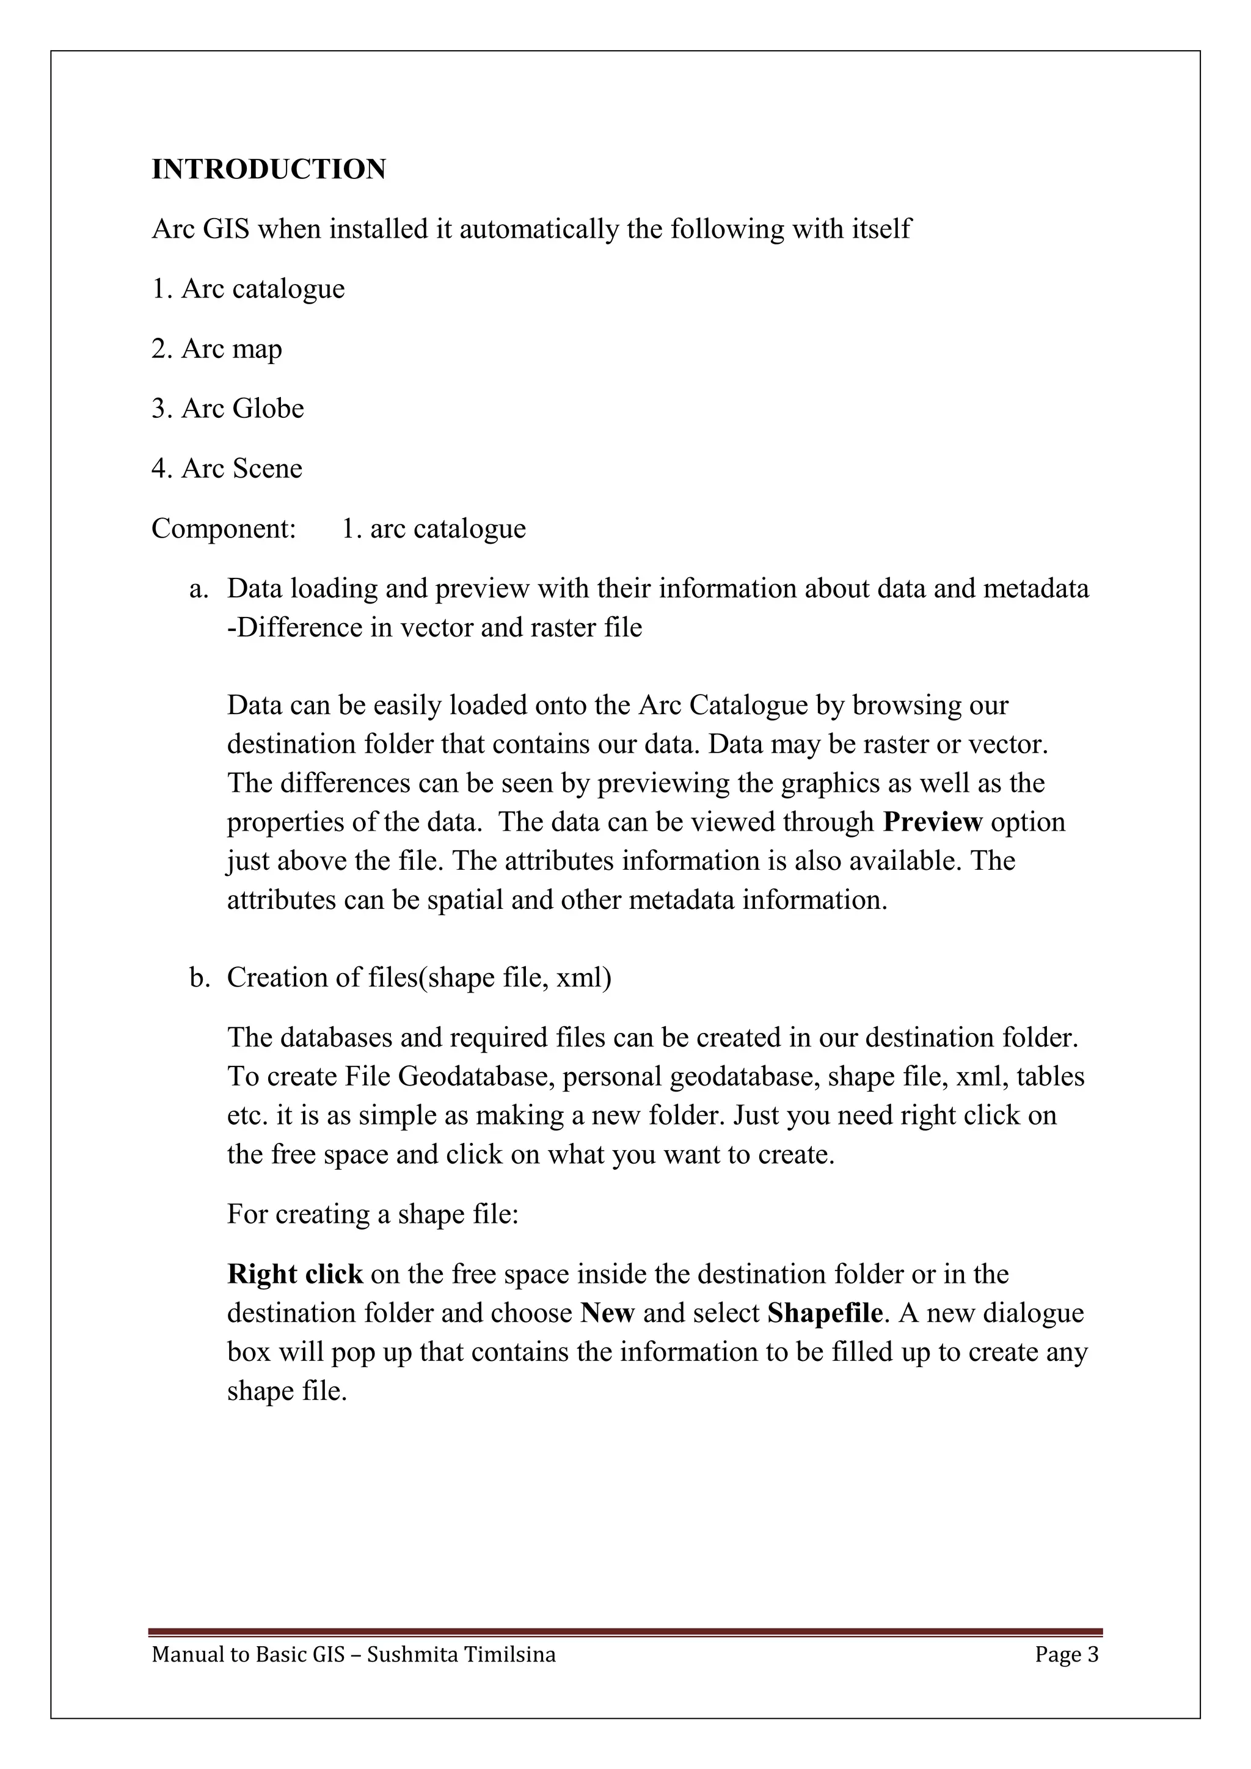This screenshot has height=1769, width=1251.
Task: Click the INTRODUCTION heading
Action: [x=268, y=169]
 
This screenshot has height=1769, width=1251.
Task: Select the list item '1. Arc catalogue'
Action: [x=248, y=289]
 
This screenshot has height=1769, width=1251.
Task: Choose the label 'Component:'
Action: [x=224, y=528]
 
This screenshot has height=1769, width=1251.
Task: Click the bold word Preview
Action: [x=932, y=822]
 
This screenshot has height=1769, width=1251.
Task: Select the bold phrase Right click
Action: [x=294, y=1274]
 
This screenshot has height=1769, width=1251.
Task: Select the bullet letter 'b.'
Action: [x=200, y=978]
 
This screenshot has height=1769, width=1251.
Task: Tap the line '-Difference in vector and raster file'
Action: [x=434, y=628]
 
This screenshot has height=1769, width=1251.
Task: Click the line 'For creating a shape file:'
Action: [x=373, y=1214]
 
